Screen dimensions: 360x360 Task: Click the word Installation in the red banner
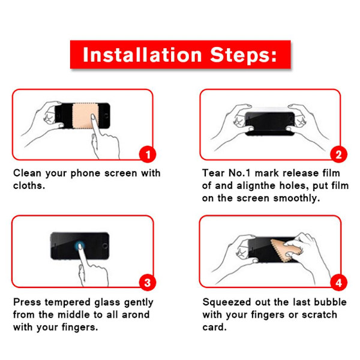click(142, 55)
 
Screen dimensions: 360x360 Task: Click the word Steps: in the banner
click(244, 55)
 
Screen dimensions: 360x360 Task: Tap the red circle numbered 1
click(148, 154)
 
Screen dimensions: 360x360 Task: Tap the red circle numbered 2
click(338, 154)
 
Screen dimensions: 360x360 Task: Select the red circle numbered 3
click(148, 283)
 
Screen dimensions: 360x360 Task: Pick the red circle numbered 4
click(338, 283)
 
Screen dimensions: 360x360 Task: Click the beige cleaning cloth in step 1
click(84, 116)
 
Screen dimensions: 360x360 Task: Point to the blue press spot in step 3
click(80, 246)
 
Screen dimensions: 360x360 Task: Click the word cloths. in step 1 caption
click(29, 185)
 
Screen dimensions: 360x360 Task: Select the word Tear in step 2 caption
click(213, 173)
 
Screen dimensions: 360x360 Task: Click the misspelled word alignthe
click(256, 186)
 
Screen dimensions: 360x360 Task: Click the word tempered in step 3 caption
click(67, 302)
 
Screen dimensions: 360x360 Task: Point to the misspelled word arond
click(136, 314)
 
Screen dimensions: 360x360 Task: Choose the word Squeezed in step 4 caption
click(227, 302)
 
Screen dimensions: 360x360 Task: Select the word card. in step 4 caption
click(214, 327)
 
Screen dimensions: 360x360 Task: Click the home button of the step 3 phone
click(105, 246)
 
